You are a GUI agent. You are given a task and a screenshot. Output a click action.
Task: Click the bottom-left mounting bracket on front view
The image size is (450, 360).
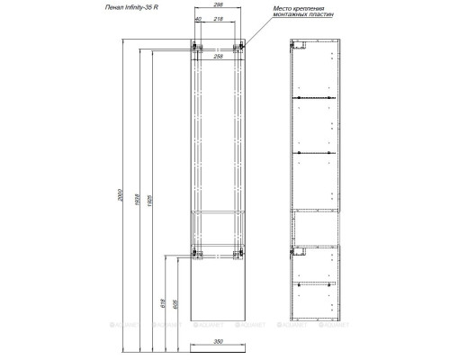coord(195,253)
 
